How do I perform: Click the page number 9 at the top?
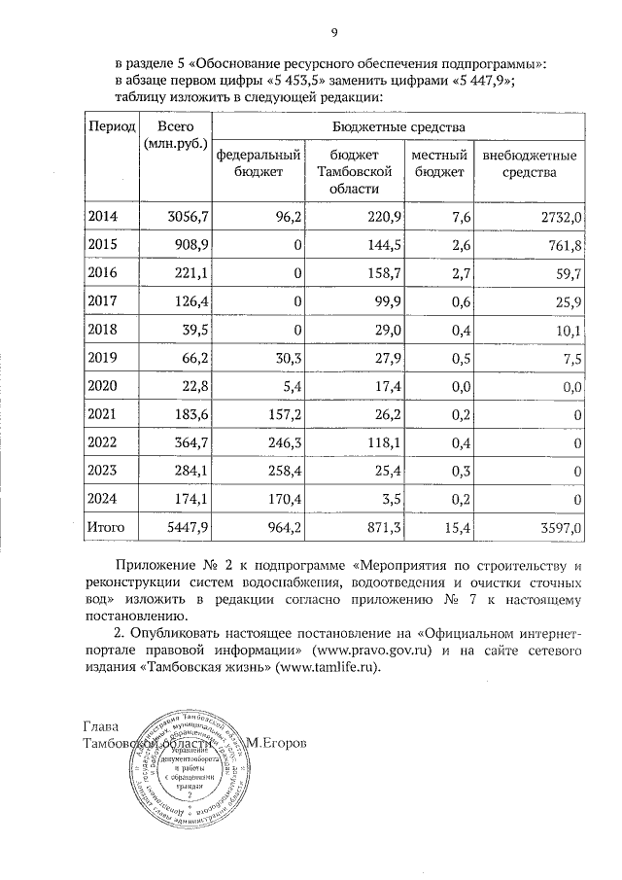(x=333, y=35)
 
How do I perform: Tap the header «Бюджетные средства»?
(x=399, y=127)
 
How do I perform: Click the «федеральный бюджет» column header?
(x=259, y=163)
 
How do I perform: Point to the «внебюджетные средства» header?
(x=529, y=163)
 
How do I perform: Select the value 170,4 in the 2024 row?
(x=280, y=500)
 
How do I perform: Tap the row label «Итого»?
(x=107, y=527)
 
